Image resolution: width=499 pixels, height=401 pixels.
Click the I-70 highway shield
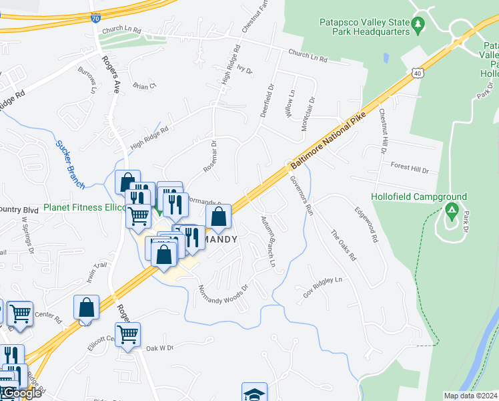(96, 19)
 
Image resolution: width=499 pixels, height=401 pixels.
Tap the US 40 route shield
(417, 72)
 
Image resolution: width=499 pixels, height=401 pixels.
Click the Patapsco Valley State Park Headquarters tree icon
(418, 25)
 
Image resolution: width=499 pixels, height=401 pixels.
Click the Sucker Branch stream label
(69, 164)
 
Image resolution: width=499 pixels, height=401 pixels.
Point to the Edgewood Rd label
(367, 228)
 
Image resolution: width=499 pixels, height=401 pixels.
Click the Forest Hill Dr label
(410, 168)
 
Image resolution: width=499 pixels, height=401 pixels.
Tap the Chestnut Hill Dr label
(383, 131)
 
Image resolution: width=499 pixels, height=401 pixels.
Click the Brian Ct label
(143, 86)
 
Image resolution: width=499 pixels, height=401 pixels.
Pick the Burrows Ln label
(87, 80)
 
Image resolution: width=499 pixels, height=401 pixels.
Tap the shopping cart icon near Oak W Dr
(127, 333)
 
